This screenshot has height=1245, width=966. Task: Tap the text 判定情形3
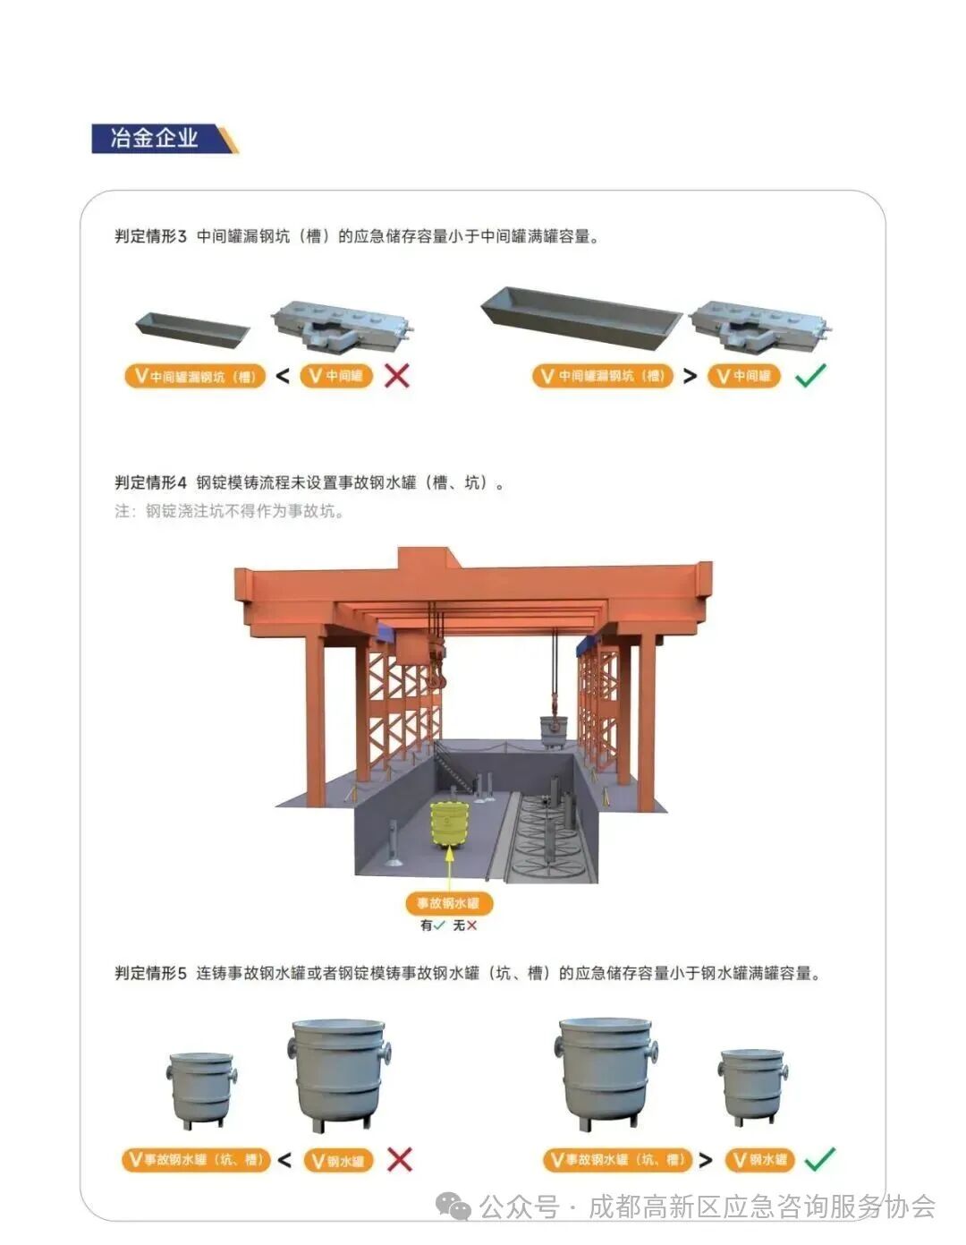pyautogui.click(x=150, y=236)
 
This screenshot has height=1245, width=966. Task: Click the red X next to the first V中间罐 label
pyautogui.click(x=397, y=376)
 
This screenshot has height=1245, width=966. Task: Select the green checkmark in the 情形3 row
pyautogui.click(x=810, y=375)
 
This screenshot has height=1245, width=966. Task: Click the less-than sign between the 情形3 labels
pyautogui.click(x=283, y=376)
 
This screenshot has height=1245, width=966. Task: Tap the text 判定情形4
pyautogui.click(x=150, y=482)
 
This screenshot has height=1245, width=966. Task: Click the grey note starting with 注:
pyautogui.click(x=229, y=511)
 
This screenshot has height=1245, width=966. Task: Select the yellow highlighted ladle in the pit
pyautogui.click(x=449, y=823)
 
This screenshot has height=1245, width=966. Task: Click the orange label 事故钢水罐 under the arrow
pyautogui.click(x=449, y=903)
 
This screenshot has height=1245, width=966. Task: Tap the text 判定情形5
pyautogui.click(x=150, y=973)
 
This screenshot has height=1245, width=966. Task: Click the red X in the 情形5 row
pyautogui.click(x=400, y=1160)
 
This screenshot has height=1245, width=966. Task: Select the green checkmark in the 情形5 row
pyautogui.click(x=819, y=1159)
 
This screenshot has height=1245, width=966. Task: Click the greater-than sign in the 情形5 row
pyautogui.click(x=706, y=1160)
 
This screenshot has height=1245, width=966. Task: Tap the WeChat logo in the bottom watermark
pyautogui.click(x=453, y=1207)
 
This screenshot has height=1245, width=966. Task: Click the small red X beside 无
pyautogui.click(x=472, y=925)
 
